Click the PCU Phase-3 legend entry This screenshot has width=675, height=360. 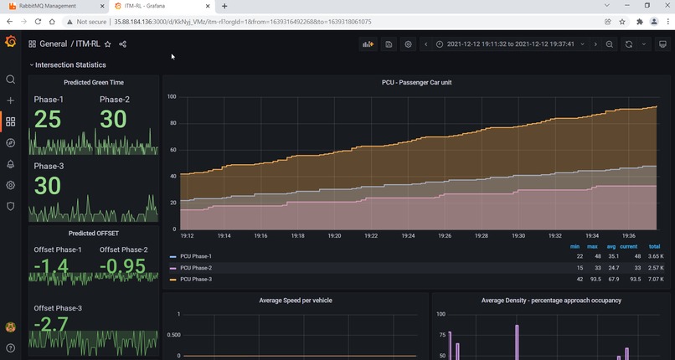coord(196,279)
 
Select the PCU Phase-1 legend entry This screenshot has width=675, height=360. coord(196,256)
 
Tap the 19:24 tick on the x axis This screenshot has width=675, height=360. coord(409,236)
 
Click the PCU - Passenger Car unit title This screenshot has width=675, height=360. coord(416,82)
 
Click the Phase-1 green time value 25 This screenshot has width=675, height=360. coord(48,120)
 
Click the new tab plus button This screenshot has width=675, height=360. coord(224,6)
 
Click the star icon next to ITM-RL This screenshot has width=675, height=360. coord(108,44)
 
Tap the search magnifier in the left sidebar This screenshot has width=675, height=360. coord(10,80)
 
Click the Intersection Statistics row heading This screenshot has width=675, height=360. coord(70,64)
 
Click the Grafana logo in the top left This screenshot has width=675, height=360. coord(10,42)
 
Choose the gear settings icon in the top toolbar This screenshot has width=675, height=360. coord(408,44)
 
